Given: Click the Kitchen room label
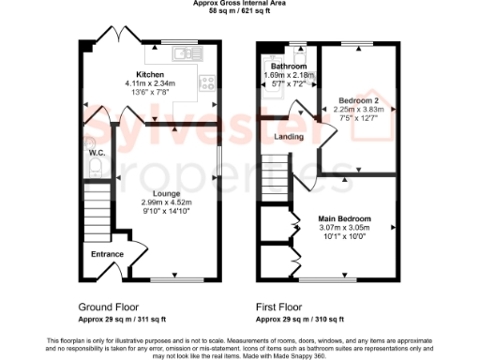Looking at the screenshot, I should point(151,73).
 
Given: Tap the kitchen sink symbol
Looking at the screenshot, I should point(187,52).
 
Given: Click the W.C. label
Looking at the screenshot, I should point(96,152).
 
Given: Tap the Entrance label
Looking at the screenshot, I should point(107,253).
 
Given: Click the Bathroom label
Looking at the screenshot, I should point(289,67).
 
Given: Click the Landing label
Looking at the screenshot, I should point(288,138).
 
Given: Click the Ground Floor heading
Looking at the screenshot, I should point(108,307).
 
